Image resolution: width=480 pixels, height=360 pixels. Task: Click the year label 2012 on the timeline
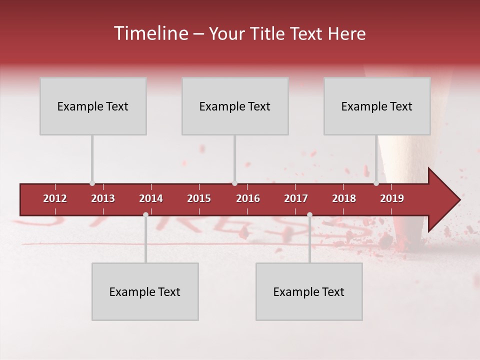55,198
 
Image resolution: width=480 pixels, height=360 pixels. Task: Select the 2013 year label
103,198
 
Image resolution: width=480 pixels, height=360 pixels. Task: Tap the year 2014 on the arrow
151,198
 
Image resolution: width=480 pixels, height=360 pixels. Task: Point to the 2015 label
199,198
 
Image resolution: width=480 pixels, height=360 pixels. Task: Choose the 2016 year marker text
248,198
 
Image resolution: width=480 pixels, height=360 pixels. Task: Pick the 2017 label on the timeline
296,198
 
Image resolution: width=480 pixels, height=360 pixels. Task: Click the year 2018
344,198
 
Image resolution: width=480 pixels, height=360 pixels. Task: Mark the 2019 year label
392,198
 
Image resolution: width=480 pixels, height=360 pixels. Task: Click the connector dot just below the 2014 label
145,214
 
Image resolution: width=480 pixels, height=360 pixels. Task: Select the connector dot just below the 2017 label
309,214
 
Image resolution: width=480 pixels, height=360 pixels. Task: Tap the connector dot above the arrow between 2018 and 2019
376,183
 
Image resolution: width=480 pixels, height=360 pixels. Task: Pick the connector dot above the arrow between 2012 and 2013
92,183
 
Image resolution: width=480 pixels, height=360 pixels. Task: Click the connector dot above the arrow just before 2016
234,183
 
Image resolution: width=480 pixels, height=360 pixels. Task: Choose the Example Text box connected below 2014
145,291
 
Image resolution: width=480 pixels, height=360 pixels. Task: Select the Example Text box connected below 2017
309,291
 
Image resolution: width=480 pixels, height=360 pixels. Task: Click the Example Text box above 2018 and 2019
377,106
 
